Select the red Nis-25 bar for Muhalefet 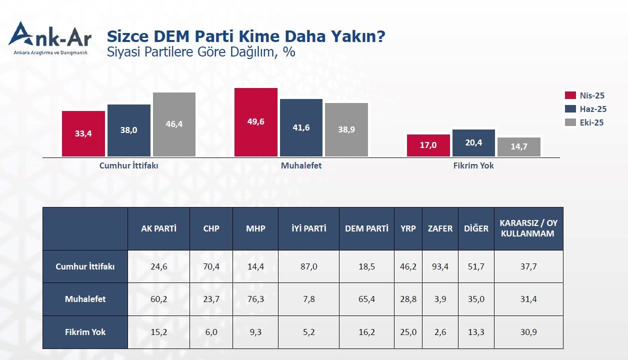pos(256,122)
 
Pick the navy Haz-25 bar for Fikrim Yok pos(473,143)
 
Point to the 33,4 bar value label pos(83,133)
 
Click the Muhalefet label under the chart pos(301,165)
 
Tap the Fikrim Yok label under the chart pos(473,165)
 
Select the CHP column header pos(211,228)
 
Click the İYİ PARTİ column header pos(308,228)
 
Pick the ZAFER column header pos(440,228)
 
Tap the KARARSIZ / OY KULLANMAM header pos(528,228)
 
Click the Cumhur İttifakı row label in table pos(85,266)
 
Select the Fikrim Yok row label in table pos(85,332)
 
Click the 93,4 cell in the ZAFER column pos(440,266)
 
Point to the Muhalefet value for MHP pos(255,299)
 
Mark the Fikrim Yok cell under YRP pos(408,332)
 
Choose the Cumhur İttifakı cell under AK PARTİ pos(158,266)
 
